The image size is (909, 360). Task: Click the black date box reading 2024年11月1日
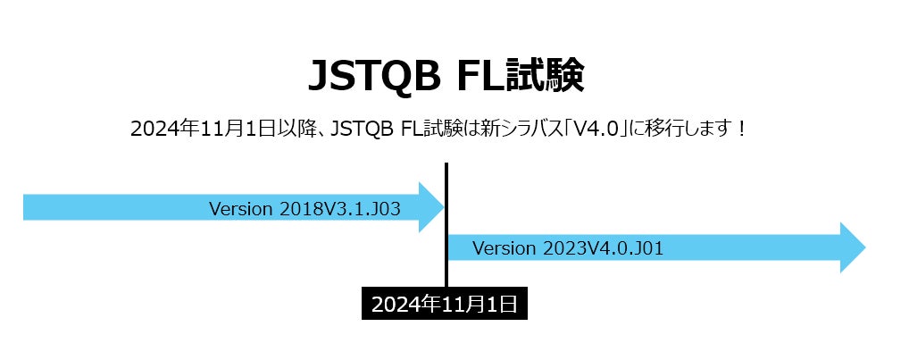point(445,304)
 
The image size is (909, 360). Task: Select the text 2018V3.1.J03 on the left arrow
point(339,209)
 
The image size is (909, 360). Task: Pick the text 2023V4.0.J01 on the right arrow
point(603,248)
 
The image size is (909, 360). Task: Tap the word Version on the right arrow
point(505,248)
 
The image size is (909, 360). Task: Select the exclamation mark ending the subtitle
point(740,128)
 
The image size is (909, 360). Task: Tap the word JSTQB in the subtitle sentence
point(363,128)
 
